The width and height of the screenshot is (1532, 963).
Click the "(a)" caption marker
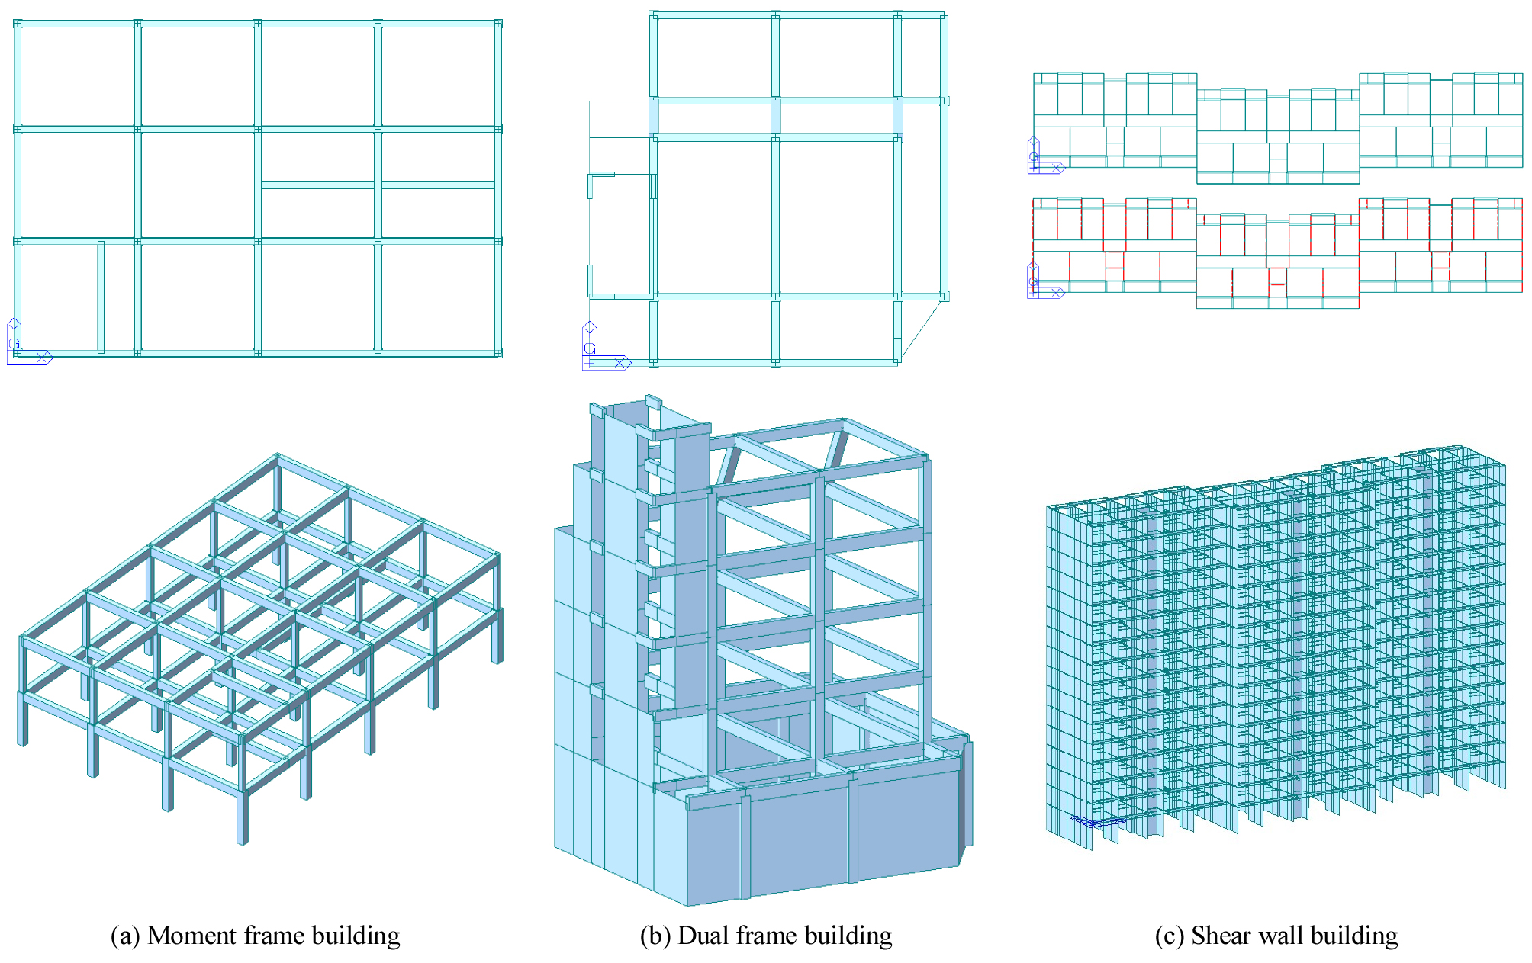point(125,936)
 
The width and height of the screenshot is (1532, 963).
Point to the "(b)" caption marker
point(655,936)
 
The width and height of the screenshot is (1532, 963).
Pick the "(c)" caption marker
point(1170,936)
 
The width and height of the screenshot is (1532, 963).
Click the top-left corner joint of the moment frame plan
point(18,24)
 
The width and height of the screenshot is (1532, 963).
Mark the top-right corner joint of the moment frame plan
point(498,24)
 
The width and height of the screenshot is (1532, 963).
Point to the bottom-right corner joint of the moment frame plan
point(498,353)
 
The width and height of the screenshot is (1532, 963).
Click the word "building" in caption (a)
point(356,936)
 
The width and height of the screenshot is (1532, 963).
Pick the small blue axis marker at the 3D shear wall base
point(1097,821)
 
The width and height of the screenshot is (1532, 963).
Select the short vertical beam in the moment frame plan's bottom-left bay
point(101,297)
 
